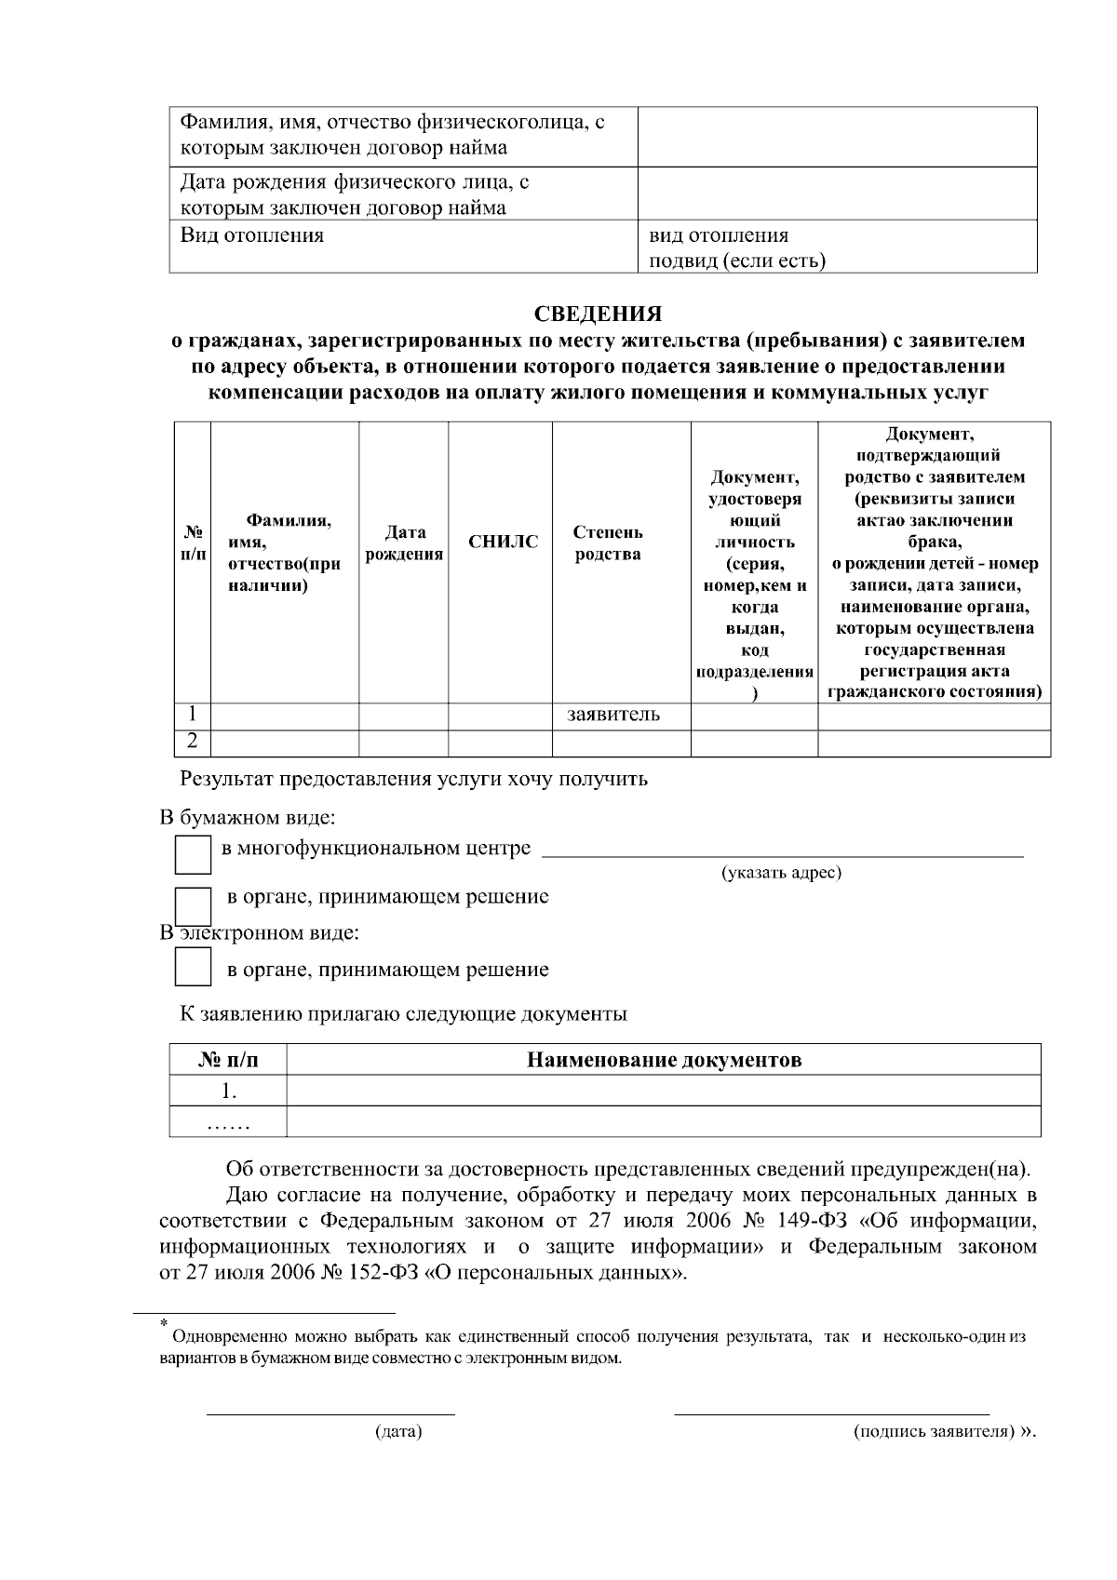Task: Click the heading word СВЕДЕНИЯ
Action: coord(598,314)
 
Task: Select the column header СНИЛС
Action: coord(503,542)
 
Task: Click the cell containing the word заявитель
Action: coord(613,715)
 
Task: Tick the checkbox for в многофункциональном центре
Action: coord(193,854)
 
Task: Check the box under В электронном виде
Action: coord(193,968)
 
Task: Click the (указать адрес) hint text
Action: coord(781,873)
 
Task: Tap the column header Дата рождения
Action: coord(404,543)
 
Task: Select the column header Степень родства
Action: coord(608,543)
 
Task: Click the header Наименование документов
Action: coord(664,1060)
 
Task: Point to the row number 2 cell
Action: coord(192,742)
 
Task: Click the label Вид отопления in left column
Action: coord(251,235)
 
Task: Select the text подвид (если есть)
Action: coord(736,261)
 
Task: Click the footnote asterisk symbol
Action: coord(164,1322)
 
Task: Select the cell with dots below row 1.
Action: coord(228,1122)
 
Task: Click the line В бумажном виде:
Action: coord(247,818)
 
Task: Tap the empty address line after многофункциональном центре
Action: coord(781,850)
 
